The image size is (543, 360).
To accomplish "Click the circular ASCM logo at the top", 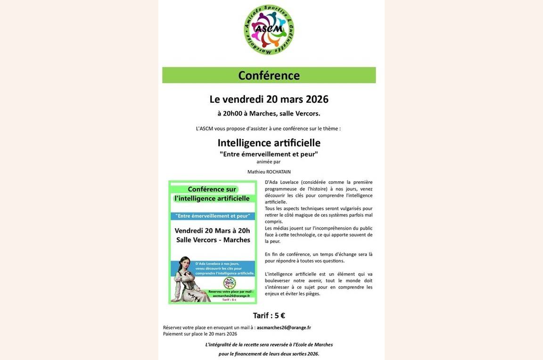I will [269, 30].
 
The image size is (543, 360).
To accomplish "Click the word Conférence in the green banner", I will [269, 75].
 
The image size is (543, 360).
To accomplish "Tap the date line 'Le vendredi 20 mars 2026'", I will [269, 99].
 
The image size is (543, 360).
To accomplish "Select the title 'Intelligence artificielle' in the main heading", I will [269, 143].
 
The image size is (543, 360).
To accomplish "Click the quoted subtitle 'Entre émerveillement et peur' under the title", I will [269, 154].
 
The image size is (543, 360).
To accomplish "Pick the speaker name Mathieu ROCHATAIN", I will [269, 172].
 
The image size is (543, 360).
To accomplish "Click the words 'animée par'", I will [268, 162].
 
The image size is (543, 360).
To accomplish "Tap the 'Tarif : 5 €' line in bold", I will [269, 316].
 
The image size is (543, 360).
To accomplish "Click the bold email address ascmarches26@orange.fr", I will [284, 327].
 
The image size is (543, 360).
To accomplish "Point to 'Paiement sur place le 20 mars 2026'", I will [200, 334].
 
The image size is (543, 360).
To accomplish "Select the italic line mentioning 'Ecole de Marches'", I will [269, 345].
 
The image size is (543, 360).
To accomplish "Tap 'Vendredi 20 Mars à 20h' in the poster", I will [212, 230].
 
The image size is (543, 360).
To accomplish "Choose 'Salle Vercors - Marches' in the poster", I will [213, 240].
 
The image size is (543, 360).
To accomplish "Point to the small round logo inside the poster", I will [230, 283].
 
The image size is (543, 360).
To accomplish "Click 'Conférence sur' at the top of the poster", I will [212, 189].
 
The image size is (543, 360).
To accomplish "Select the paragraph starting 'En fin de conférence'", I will [319, 257].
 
